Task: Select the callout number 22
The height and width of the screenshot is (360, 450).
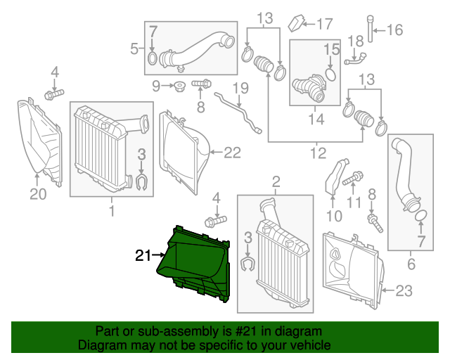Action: tap(231, 151)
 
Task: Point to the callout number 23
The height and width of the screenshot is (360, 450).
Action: tap(405, 289)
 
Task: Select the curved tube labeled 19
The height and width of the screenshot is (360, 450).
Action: tap(239, 112)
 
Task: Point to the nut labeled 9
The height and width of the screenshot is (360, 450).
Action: tap(179, 86)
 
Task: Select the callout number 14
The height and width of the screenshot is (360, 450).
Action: tap(314, 119)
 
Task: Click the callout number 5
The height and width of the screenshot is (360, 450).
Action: tap(134, 49)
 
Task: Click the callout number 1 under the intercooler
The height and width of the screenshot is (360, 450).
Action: tap(111, 209)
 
